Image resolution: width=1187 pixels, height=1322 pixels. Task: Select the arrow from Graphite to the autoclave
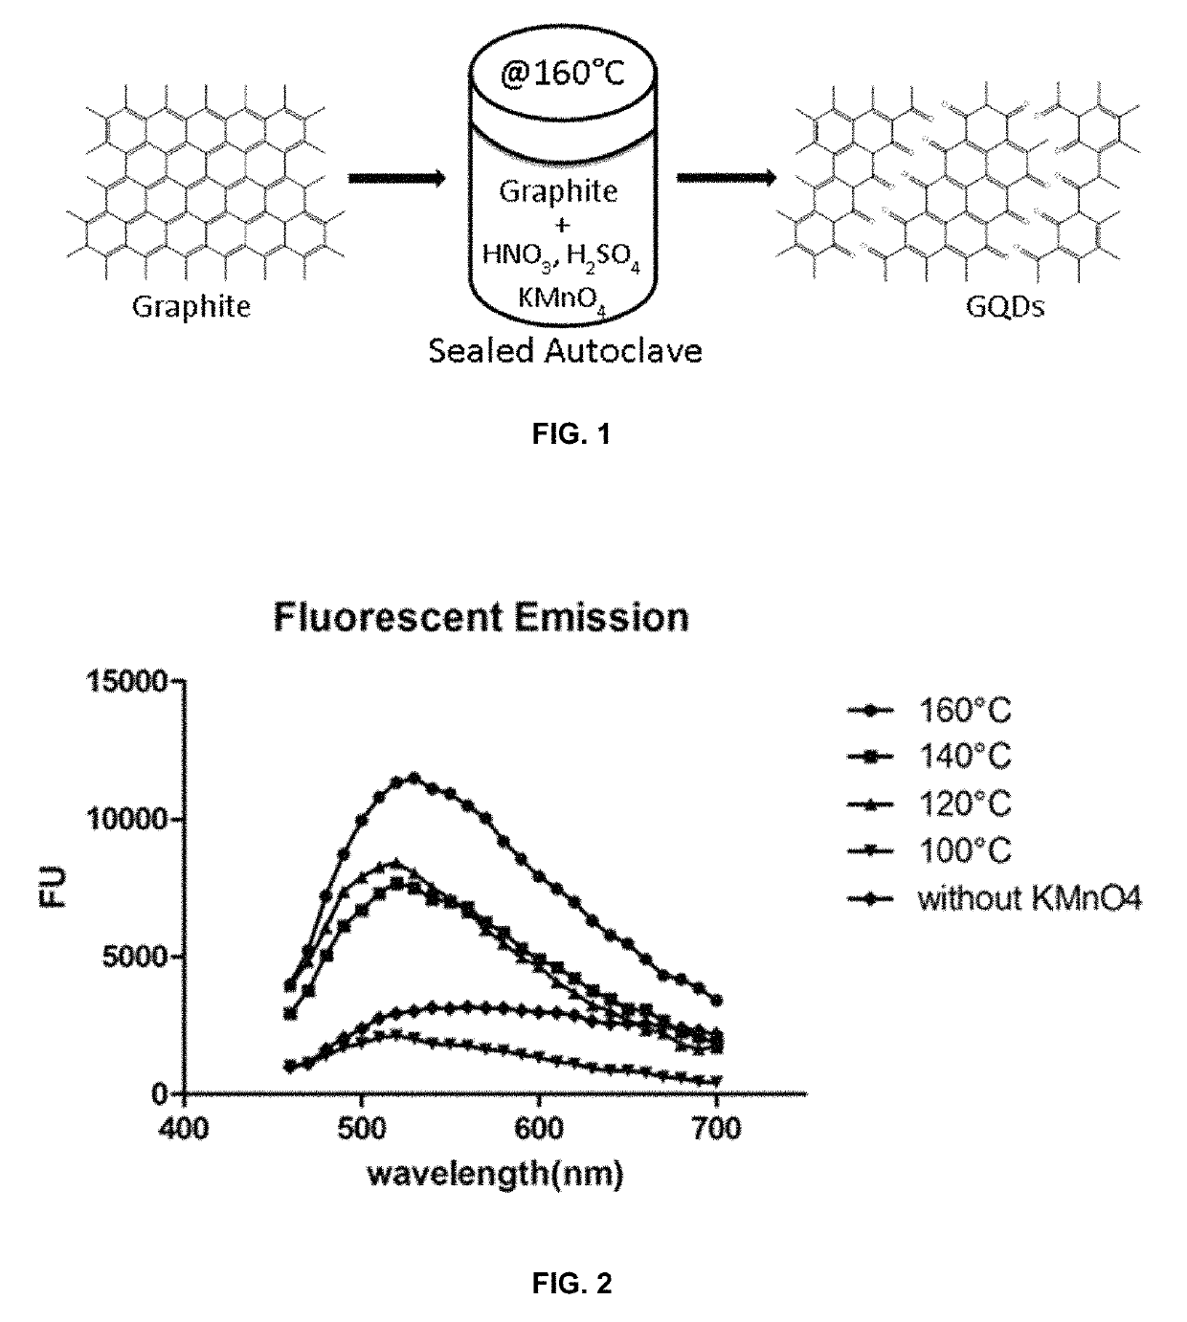[x=396, y=179]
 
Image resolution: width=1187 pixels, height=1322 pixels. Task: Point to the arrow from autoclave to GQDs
[x=726, y=178]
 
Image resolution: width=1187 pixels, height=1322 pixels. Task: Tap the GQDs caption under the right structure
[x=1007, y=307]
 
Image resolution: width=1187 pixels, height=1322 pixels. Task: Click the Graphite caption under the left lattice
[x=191, y=307]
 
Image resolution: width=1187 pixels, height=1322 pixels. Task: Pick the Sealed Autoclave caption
[x=565, y=351]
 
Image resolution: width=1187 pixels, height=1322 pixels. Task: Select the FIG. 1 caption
[x=571, y=435]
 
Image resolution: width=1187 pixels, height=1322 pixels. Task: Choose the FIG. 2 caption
[x=571, y=1284]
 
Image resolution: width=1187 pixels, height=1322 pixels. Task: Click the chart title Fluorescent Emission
[x=482, y=617]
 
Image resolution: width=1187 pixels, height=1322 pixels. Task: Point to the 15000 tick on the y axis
[x=126, y=681]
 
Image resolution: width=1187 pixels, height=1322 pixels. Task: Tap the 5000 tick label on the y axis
[x=134, y=957]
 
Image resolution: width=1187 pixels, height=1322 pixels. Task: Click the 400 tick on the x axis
[x=183, y=1130]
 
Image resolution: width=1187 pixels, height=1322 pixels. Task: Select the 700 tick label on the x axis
[x=716, y=1130]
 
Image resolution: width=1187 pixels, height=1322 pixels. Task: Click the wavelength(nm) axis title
[x=495, y=1174]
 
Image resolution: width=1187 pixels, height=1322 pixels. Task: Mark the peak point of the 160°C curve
[x=414, y=778]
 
